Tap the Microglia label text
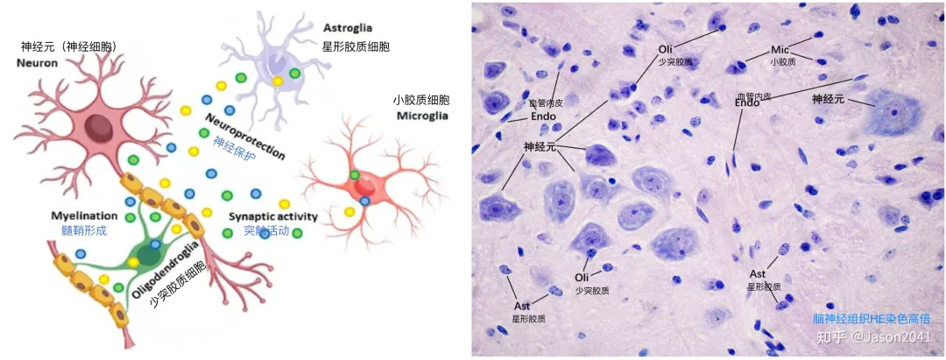click(x=423, y=115)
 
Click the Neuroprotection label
click(x=245, y=136)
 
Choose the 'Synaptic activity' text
click(x=272, y=216)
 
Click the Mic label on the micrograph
click(x=781, y=49)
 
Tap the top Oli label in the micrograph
click(x=667, y=49)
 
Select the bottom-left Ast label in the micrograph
click(x=522, y=306)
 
